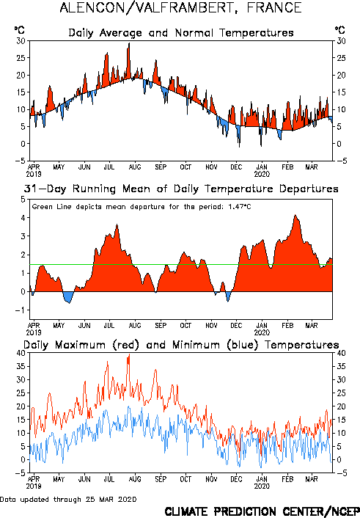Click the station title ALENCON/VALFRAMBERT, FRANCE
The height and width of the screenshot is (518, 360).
pos(180,7)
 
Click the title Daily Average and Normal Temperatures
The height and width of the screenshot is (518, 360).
pos(181,33)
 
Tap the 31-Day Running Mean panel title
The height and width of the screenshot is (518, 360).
pos(181,189)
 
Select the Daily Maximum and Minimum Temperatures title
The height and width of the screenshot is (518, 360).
pos(181,345)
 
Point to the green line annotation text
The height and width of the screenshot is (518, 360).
pos(142,207)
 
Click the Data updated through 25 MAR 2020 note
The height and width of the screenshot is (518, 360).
pos(68,499)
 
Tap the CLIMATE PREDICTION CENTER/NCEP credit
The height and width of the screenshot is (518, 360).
pos(262,511)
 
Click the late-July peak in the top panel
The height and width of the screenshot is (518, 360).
pos(129,43)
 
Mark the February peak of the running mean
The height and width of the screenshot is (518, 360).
pos(295,215)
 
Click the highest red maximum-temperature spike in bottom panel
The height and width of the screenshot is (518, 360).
pos(129,354)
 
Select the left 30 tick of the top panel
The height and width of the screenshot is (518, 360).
pos(21,41)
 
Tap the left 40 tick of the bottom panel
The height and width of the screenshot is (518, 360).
pos(21,353)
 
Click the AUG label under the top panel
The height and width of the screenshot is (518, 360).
pos(135,167)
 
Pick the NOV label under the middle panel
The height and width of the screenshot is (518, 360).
pos(211,326)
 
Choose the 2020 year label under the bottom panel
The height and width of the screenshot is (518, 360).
pos(262,486)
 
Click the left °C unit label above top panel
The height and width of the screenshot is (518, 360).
pos(20,30)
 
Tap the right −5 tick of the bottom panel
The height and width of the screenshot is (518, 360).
pos(342,473)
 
